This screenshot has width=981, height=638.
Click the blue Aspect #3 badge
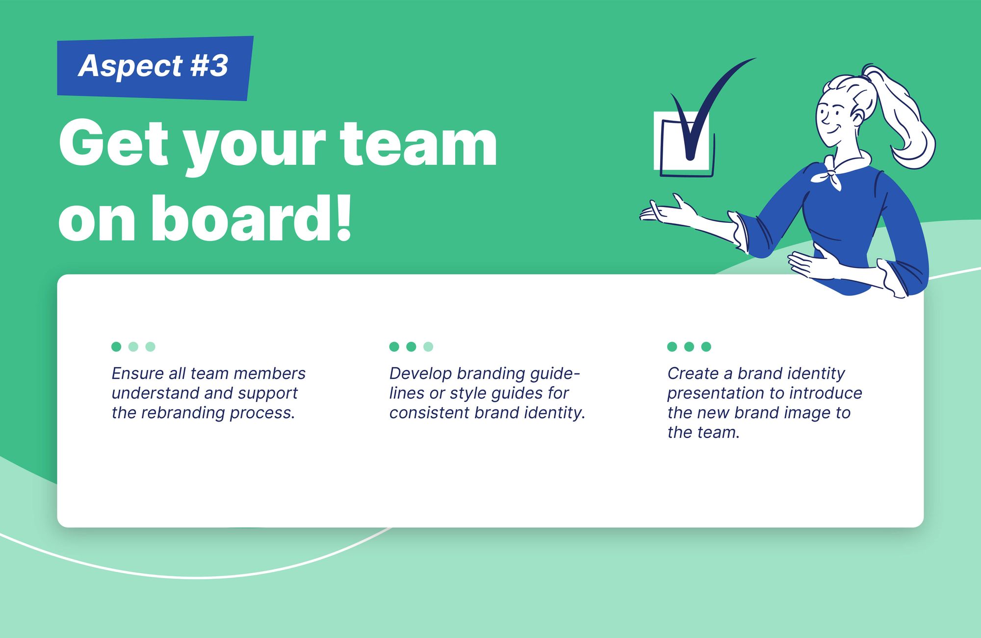pos(155,68)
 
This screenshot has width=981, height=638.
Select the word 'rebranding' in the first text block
pos(183,413)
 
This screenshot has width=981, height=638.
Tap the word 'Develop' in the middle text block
pos(420,374)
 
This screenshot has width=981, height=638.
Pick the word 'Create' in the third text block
pos(693,373)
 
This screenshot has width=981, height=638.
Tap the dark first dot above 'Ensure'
pos(116,346)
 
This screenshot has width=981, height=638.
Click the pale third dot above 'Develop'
pos(428,346)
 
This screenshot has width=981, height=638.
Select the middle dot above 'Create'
pos(689,346)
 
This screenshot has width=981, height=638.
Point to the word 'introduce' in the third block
pos(826,393)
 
